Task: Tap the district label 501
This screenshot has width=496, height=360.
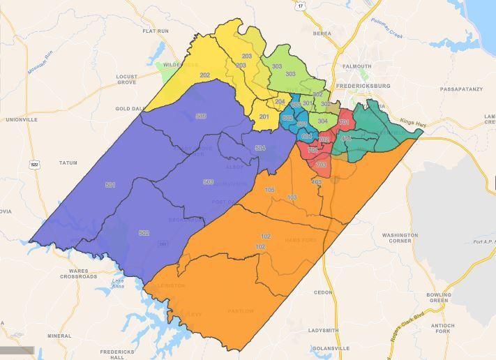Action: pos(110,185)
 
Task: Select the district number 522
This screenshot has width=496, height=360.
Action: pos(144,233)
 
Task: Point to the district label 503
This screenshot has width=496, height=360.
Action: pos(208,182)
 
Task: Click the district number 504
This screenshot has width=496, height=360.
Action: pos(260,148)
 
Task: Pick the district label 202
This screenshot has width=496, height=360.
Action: pos(204,75)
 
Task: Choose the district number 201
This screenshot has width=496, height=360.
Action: pos(264,117)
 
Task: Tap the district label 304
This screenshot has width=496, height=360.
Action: pos(322,121)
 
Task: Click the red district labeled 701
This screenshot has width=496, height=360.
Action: pos(343,123)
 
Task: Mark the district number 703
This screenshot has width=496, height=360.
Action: pos(321,165)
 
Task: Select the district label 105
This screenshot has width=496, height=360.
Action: pos(270,190)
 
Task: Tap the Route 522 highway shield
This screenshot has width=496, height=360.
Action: pos(34,165)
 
